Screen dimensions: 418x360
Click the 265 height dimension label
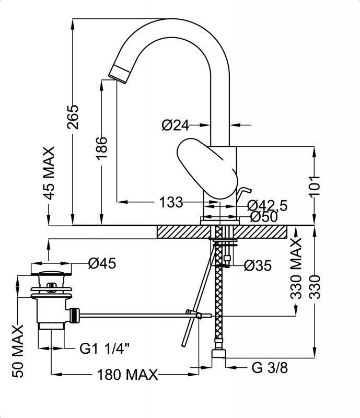click(73, 118)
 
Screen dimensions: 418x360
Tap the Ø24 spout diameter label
click(175, 125)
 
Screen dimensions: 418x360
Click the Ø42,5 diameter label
click(267, 205)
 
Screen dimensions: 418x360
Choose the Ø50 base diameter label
click(264, 217)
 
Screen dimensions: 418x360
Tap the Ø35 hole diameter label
click(258, 266)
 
